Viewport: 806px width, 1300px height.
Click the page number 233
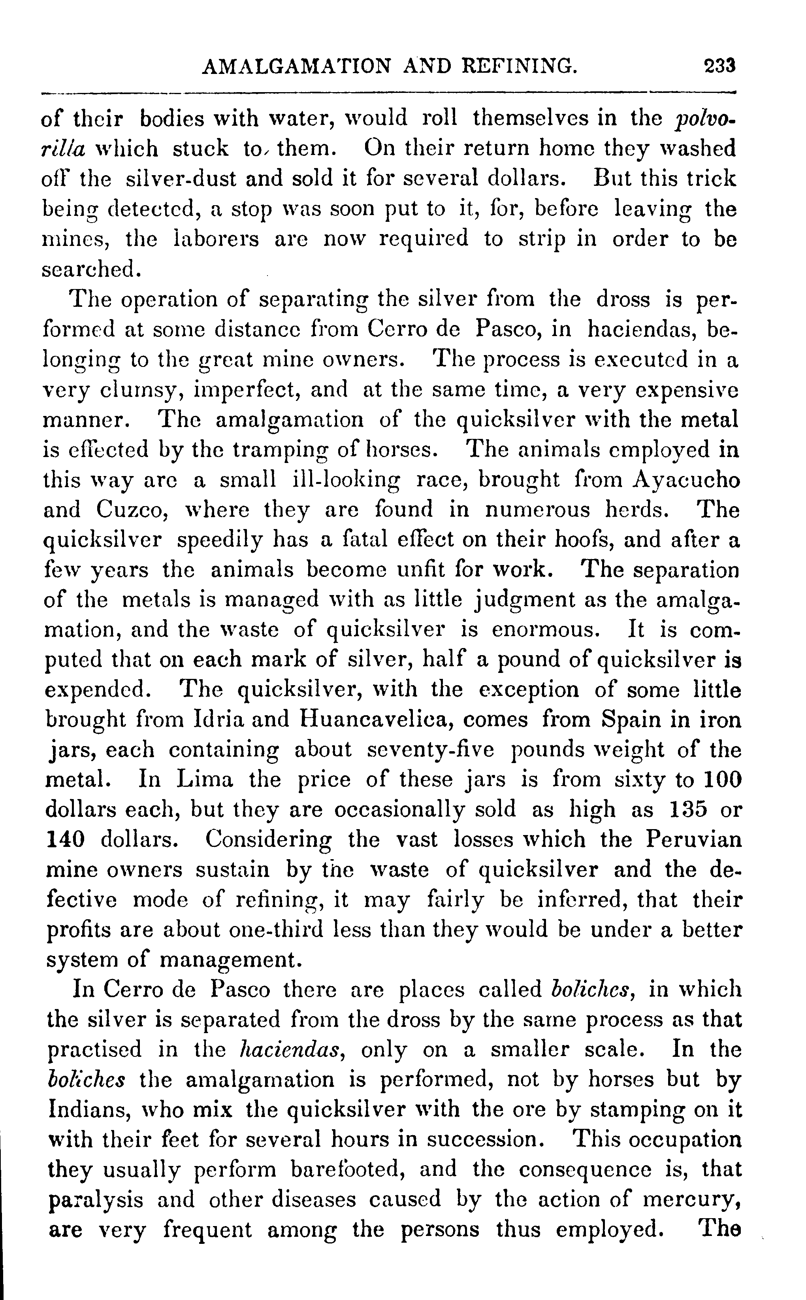[x=719, y=66]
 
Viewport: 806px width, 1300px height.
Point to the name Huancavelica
[x=377, y=720]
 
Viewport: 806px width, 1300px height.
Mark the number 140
[x=66, y=840]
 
